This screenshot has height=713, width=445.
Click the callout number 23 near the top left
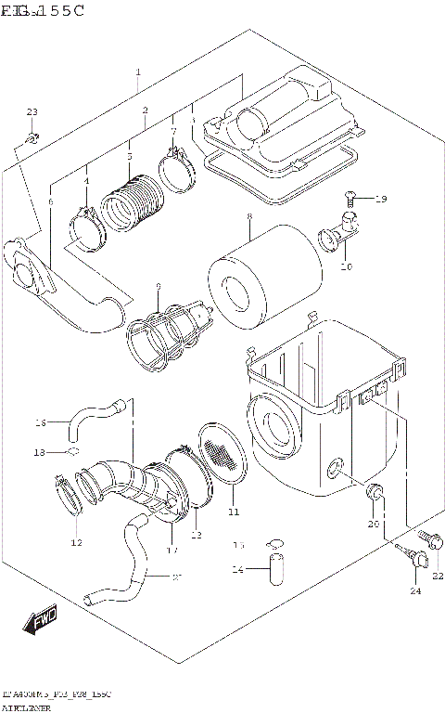32,112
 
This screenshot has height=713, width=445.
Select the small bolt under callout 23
32,139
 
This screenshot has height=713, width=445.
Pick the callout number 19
381,199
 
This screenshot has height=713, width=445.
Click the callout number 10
346,266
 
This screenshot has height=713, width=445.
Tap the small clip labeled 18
70,452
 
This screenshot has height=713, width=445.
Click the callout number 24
414,590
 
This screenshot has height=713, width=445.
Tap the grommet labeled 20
376,492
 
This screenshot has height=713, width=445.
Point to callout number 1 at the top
138,71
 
